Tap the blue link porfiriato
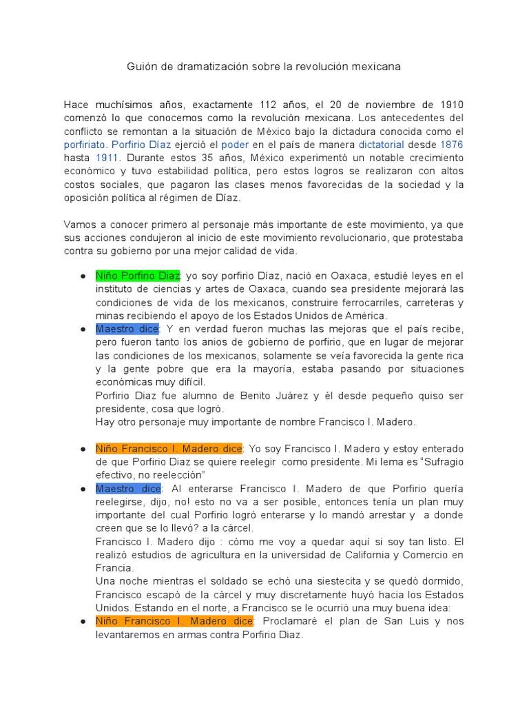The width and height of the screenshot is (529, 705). tap(85, 145)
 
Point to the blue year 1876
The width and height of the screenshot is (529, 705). tap(451, 145)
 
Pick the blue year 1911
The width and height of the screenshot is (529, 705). tap(107, 158)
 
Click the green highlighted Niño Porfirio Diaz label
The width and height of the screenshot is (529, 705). tap(138, 276)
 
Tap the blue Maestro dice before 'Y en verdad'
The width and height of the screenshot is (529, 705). tap(127, 328)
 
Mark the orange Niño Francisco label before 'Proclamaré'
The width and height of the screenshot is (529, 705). tap(174, 622)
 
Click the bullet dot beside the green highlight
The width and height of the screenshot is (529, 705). tap(83, 276)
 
